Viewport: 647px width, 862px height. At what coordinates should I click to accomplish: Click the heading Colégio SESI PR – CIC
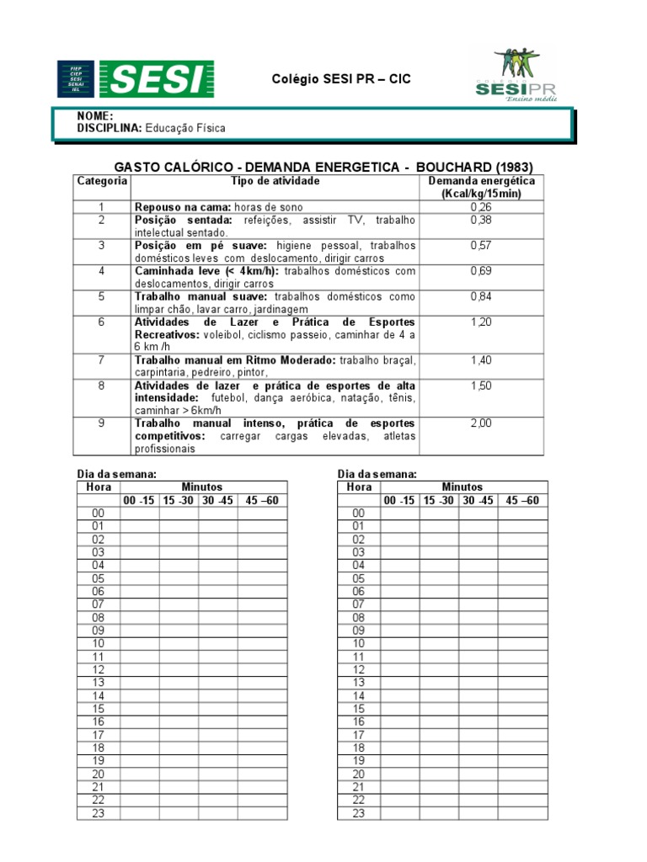tap(341, 79)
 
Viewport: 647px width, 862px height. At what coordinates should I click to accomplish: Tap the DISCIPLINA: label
tap(110, 128)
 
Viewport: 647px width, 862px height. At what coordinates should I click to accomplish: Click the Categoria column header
tap(102, 181)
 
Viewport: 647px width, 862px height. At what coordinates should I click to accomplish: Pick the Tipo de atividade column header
tap(274, 181)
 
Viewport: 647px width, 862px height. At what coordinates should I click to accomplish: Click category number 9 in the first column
tap(101, 423)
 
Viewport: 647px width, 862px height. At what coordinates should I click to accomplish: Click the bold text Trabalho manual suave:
tap(202, 296)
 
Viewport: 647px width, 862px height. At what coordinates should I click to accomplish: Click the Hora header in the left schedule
tap(98, 487)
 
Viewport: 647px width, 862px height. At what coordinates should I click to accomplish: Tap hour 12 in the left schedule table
tap(98, 669)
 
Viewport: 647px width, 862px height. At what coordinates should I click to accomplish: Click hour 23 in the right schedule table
tap(359, 813)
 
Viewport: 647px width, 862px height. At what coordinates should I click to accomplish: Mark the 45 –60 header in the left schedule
tap(262, 500)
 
